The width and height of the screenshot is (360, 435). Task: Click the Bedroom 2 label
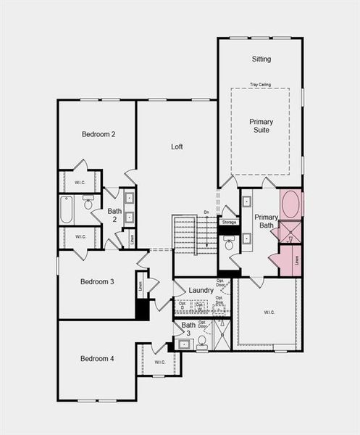pos(99,134)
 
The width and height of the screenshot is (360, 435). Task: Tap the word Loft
pos(177,146)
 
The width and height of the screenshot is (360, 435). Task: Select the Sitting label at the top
pos(261,59)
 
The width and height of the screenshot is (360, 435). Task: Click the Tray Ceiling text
pos(261,84)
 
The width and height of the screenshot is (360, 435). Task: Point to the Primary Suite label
pos(261,126)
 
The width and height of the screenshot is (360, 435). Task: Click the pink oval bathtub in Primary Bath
pos(290,204)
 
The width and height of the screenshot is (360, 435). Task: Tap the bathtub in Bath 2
pos(67,210)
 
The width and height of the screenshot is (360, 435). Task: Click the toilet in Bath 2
pos(88,204)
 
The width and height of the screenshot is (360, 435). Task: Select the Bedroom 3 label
pos(98,281)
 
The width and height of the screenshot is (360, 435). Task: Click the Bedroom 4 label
pos(97,358)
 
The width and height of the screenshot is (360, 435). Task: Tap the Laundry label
pos(201,291)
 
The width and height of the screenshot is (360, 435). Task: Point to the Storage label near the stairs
pos(229,222)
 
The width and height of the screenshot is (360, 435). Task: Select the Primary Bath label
pos(266,221)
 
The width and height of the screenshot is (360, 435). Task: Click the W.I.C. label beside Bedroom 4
pos(159,362)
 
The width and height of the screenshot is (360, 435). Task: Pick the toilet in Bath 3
pos(202,340)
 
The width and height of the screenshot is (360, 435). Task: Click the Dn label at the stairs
pos(206,212)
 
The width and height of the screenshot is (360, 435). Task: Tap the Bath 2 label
pos(114,216)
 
